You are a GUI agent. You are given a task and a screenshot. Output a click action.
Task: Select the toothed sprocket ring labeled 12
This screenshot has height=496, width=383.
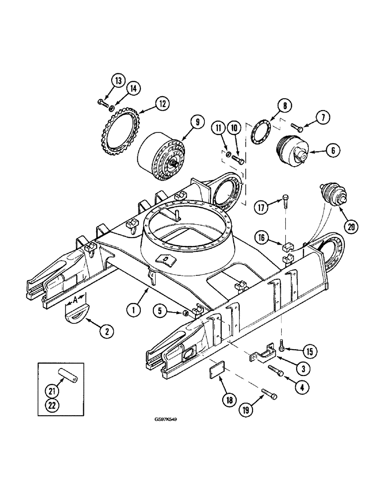[119, 134]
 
